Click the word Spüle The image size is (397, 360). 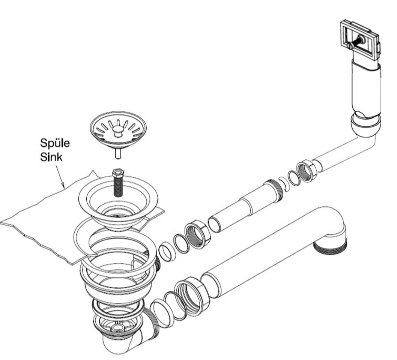(55, 144)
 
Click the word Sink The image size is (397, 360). (51, 157)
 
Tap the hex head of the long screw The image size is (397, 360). (118, 173)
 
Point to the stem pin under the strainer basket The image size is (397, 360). (118, 154)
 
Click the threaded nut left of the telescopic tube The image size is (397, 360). (197, 234)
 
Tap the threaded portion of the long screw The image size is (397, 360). (117, 187)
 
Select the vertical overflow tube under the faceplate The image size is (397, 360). (366, 89)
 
